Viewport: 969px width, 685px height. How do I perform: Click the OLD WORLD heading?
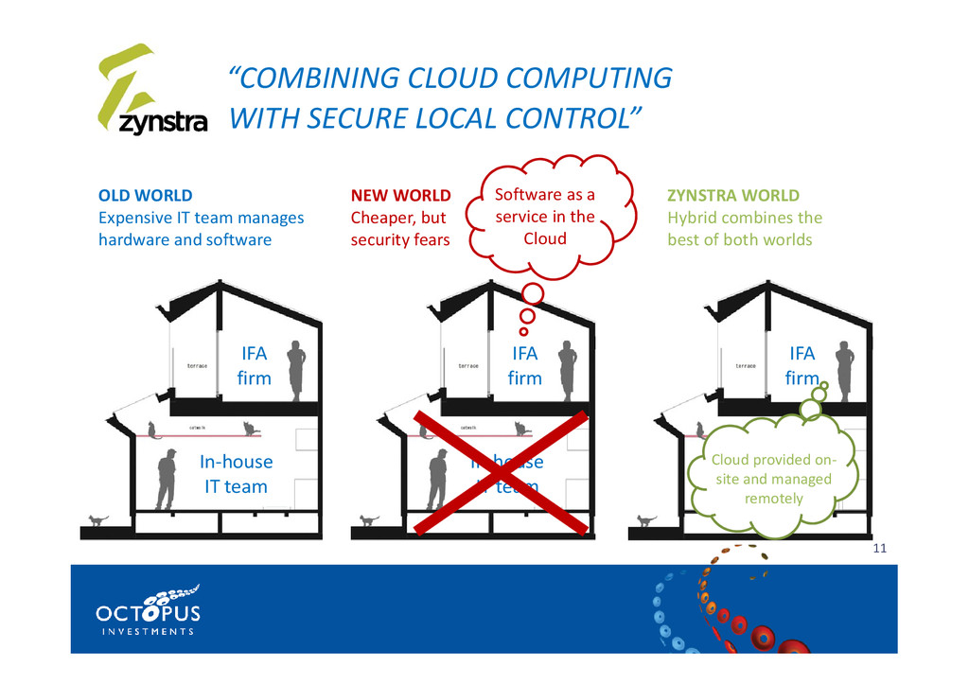click(145, 196)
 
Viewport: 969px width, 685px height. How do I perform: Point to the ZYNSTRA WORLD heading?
click(732, 196)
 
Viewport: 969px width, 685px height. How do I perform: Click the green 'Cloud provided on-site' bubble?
click(773, 479)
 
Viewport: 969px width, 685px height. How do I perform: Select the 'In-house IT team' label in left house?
click(236, 474)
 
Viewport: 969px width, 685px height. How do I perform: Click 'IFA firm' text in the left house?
click(254, 365)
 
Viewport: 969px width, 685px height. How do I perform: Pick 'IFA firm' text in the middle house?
click(525, 365)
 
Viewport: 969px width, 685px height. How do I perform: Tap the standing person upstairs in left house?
click(296, 370)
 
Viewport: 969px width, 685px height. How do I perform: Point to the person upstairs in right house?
click(844, 370)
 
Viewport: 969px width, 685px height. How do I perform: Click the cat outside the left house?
click(98, 520)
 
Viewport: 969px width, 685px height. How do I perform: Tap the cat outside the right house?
click(646, 520)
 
